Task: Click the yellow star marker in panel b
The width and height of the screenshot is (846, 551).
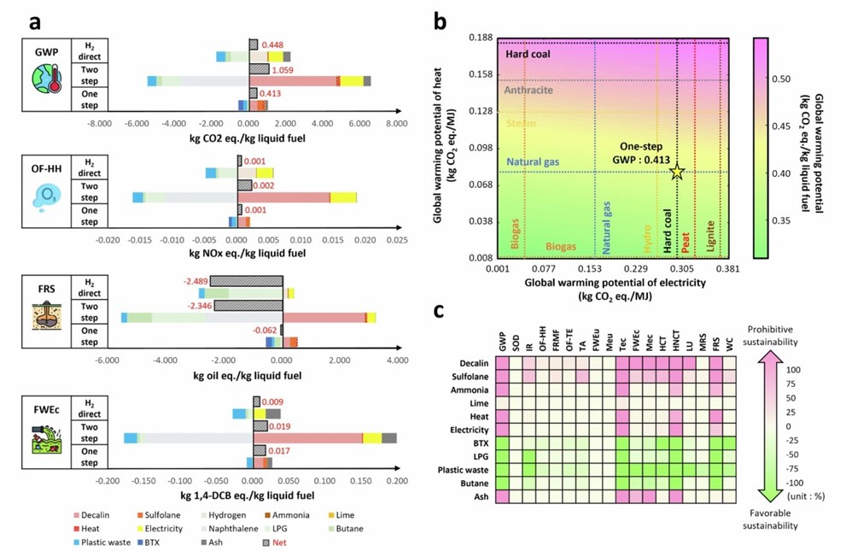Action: pyautogui.click(x=677, y=172)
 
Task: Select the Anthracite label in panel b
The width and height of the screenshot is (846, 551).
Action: pyautogui.click(x=528, y=90)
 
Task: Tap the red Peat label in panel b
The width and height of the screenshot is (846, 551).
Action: pyautogui.click(x=687, y=238)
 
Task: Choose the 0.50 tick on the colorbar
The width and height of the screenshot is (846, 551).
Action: pyautogui.click(x=783, y=79)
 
